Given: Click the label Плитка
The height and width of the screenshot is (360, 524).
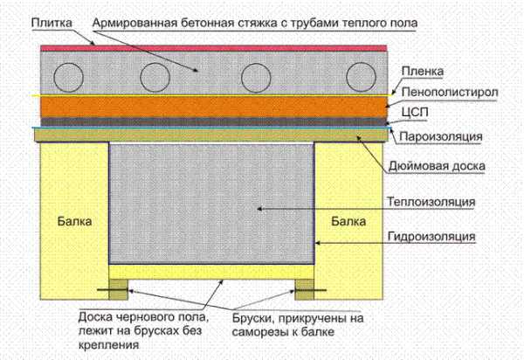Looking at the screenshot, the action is (x=52, y=23).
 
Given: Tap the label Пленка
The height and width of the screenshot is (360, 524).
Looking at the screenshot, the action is (x=423, y=71).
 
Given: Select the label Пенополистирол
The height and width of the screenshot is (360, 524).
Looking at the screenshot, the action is (x=450, y=92).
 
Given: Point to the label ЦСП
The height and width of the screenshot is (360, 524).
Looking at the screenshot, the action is (x=415, y=113).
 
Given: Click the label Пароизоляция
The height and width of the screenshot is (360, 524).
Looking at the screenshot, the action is (x=441, y=136).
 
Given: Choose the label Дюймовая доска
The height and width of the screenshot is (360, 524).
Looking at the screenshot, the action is (x=437, y=166).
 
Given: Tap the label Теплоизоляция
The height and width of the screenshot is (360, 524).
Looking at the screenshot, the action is (x=431, y=202).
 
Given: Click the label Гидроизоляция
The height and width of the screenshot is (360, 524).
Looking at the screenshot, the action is (x=431, y=236).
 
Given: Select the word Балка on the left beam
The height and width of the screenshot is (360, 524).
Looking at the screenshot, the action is (x=74, y=221).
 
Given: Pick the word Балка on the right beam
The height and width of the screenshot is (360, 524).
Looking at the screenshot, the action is (x=348, y=221).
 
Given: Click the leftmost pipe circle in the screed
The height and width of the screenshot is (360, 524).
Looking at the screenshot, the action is (x=68, y=77).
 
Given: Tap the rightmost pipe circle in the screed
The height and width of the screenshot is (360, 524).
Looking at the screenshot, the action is (x=361, y=77).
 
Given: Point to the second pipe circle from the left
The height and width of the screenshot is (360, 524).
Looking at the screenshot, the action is (x=155, y=77).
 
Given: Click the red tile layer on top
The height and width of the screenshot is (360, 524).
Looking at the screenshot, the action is (x=214, y=48).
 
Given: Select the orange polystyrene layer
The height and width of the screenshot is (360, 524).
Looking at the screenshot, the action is (x=214, y=107).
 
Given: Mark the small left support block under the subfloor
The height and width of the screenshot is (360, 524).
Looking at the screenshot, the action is (x=119, y=289).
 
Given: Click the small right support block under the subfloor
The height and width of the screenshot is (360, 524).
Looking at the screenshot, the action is (x=305, y=289).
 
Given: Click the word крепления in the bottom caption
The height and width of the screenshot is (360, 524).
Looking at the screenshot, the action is (x=108, y=344).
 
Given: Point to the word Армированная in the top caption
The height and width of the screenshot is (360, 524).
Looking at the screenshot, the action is (x=134, y=24).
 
